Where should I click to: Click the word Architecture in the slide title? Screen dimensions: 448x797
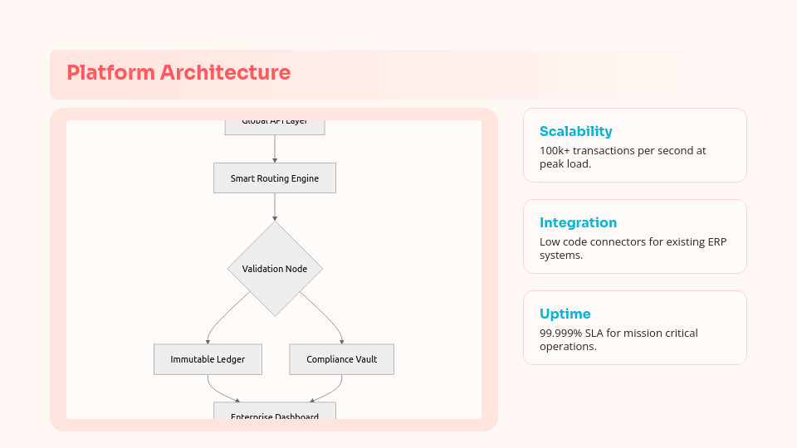(225, 73)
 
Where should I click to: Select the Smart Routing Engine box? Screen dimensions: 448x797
(275, 178)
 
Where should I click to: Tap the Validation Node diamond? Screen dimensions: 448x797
(275, 269)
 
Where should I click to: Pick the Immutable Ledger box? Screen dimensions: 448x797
(208, 359)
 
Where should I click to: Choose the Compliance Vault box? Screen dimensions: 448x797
(341, 359)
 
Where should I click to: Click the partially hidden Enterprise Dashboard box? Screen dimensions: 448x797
(275, 413)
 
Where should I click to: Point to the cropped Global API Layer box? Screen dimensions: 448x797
(275, 125)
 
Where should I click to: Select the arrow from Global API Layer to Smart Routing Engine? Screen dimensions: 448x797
(275, 149)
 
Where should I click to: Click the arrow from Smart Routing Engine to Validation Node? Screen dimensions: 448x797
(275, 207)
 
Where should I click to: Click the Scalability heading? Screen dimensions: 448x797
(575, 131)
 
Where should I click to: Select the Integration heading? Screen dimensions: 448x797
(578, 222)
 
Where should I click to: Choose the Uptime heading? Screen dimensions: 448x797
(565, 314)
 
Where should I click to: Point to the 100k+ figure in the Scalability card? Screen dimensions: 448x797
(555, 151)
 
